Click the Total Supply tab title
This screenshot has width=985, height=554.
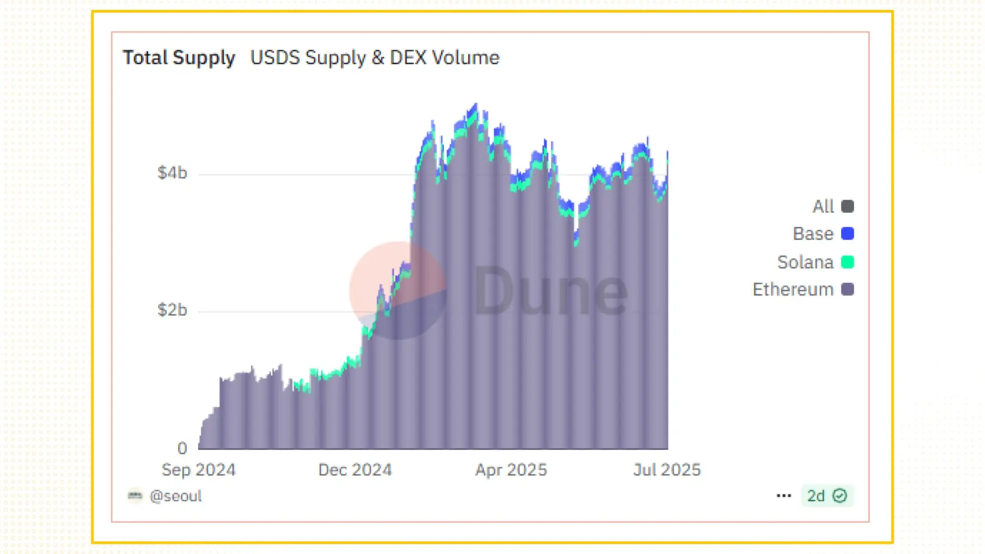[x=179, y=57]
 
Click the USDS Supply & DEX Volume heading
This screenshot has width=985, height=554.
[x=375, y=57]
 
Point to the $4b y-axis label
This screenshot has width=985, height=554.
[x=172, y=173]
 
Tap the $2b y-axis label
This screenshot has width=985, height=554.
[x=172, y=310]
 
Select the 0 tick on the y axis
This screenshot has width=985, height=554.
[x=182, y=448]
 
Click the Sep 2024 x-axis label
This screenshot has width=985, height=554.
[x=199, y=470]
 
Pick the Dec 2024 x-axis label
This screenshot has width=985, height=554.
[x=355, y=470]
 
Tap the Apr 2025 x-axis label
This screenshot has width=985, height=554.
[x=511, y=470]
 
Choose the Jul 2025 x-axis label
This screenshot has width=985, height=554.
[x=667, y=470]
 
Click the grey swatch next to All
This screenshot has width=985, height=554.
[x=848, y=206]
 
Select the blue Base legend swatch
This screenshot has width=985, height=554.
[x=848, y=233]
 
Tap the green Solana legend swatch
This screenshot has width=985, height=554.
[x=848, y=262]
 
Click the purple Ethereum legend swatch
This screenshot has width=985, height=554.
[x=848, y=289]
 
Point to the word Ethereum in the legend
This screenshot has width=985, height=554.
[x=793, y=289]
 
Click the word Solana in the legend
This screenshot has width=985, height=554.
[x=805, y=262]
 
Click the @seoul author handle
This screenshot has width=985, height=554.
[x=175, y=496]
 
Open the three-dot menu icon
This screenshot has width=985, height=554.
[x=784, y=496]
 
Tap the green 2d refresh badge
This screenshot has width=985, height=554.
[x=827, y=496]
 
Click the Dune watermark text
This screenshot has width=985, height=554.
[x=550, y=291]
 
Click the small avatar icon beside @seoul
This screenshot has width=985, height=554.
[x=135, y=496]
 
